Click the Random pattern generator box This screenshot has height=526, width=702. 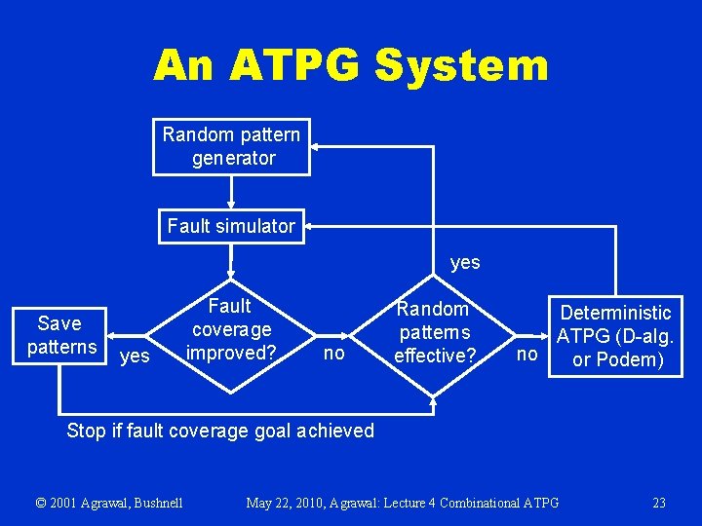pyautogui.click(x=232, y=146)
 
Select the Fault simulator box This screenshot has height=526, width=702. pyautogui.click(x=230, y=226)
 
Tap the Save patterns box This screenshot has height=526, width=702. pyautogui.click(x=60, y=335)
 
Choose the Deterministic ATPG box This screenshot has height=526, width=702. pyautogui.click(x=616, y=336)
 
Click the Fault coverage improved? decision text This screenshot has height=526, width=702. pyautogui.click(x=231, y=329)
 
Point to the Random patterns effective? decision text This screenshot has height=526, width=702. pyautogui.click(x=434, y=332)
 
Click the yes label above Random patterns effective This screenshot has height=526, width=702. pyautogui.click(x=465, y=263)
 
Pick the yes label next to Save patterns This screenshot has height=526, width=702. pyautogui.click(x=134, y=357)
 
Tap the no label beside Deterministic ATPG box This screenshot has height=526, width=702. pyautogui.click(x=527, y=354)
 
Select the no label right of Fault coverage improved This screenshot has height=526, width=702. pyautogui.click(x=333, y=354)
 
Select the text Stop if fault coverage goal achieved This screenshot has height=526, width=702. pyautogui.click(x=220, y=431)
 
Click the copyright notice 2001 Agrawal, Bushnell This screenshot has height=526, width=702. pyautogui.click(x=109, y=503)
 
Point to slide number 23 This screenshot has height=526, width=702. pyautogui.click(x=659, y=503)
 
